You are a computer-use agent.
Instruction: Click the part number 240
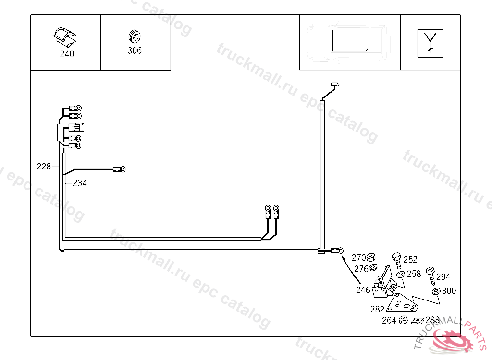(x=67, y=54)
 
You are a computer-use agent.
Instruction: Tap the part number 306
(x=135, y=50)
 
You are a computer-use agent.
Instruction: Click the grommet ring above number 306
(x=135, y=36)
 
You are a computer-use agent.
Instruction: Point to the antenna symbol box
(x=430, y=43)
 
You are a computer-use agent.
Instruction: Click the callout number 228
(x=44, y=167)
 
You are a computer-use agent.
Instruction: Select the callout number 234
(x=80, y=183)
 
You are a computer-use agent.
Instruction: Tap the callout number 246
(x=363, y=290)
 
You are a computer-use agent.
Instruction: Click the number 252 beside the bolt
(x=410, y=260)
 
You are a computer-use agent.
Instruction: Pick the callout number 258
(x=414, y=274)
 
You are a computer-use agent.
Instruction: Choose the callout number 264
(x=389, y=320)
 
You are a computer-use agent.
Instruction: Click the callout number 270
(x=359, y=257)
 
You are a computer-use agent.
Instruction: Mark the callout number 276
(x=361, y=269)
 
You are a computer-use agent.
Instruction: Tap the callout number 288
(x=432, y=320)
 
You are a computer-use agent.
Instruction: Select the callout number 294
(x=443, y=277)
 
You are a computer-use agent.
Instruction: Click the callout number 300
(x=449, y=291)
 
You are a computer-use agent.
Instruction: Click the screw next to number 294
(x=431, y=275)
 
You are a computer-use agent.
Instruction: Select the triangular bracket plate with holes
(x=403, y=304)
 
